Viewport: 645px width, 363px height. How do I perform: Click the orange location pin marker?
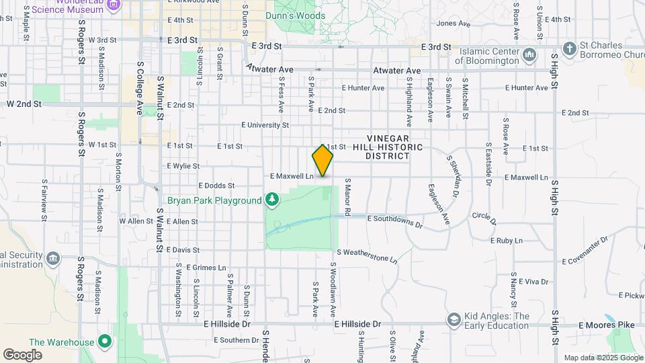click(x=322, y=161)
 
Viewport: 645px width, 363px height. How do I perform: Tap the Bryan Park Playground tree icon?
click(x=272, y=200)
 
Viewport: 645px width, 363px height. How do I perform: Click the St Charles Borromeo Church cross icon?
click(x=570, y=48)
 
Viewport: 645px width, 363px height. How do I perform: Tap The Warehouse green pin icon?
click(x=104, y=341)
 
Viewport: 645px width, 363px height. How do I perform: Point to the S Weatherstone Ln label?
click(x=367, y=255)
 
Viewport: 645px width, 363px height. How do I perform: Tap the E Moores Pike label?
click(x=607, y=325)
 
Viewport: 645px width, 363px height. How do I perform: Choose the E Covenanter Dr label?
click(x=584, y=250)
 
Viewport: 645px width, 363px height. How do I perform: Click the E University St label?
click(x=265, y=125)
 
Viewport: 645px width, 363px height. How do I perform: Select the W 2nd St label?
click(x=24, y=104)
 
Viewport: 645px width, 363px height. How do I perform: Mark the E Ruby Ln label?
click(x=506, y=240)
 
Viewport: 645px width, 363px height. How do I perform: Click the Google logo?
click(x=22, y=354)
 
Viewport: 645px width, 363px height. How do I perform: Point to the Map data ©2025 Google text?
click(x=603, y=358)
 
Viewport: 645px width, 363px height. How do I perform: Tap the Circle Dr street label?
click(x=484, y=218)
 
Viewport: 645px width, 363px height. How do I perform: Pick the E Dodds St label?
click(x=216, y=186)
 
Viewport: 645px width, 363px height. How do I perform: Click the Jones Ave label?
click(x=454, y=24)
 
